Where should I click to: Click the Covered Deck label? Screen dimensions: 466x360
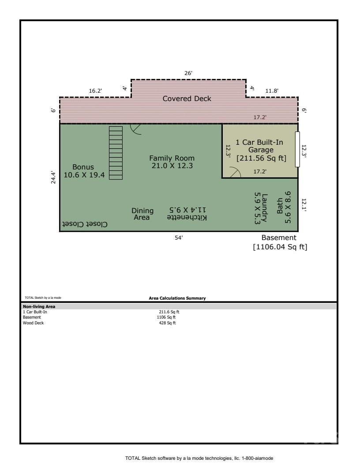(187, 98)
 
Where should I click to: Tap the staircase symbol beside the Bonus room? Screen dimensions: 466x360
(116, 153)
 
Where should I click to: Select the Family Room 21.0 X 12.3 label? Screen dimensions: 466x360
(172, 162)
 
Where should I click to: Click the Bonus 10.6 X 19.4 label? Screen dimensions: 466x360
(84, 171)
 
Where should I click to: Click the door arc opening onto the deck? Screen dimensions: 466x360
(135, 128)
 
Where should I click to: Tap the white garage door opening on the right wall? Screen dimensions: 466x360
(297, 149)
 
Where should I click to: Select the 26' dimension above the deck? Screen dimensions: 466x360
(188, 73)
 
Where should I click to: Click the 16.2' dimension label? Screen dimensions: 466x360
(95, 91)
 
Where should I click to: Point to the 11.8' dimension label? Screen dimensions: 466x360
(272, 91)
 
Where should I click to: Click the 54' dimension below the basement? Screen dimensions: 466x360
(179, 238)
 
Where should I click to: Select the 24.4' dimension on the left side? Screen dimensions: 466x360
(54, 177)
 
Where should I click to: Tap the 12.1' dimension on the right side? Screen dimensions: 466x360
(304, 205)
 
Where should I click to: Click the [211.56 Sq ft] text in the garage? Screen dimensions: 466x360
(261, 158)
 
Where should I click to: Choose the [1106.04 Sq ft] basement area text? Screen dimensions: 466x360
(280, 247)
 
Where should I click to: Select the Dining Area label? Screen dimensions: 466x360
(142, 214)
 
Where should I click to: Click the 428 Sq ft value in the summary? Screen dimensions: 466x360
(167, 323)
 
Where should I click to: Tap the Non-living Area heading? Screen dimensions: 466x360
(39, 306)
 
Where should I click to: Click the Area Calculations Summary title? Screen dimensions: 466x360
(177, 298)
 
